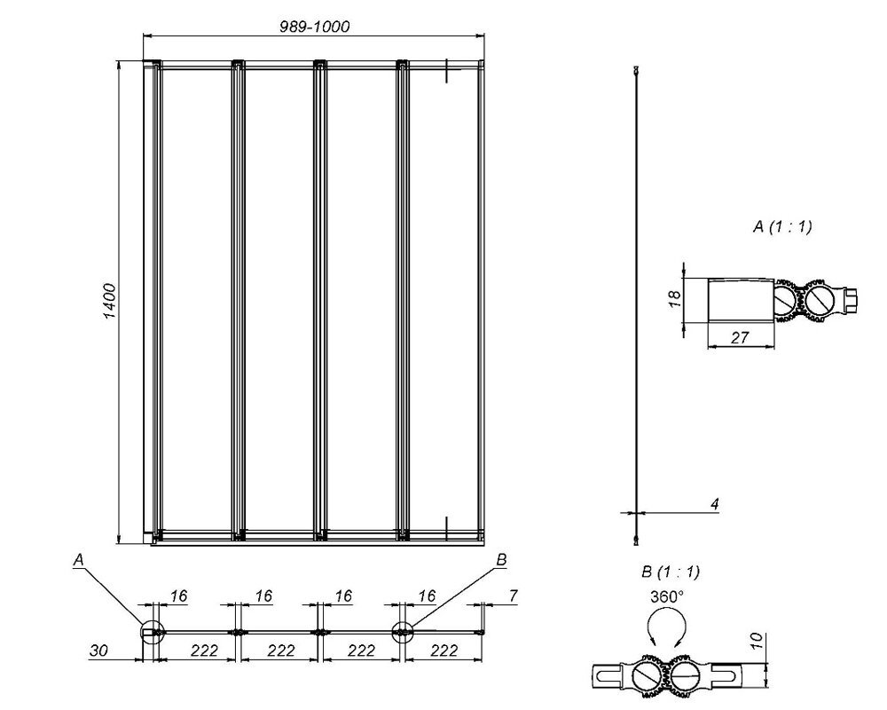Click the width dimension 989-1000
pyautogui.click(x=315, y=27)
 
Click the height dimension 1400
pyautogui.click(x=109, y=301)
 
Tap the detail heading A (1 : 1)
pyautogui.click(x=782, y=226)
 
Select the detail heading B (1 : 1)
pyautogui.click(x=671, y=572)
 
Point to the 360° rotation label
pyautogui.click(x=666, y=596)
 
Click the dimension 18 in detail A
pyautogui.click(x=675, y=299)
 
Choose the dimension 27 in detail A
pyautogui.click(x=740, y=337)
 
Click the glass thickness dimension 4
pyautogui.click(x=715, y=503)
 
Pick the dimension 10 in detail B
pyautogui.click(x=757, y=641)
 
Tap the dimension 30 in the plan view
pyautogui.click(x=98, y=651)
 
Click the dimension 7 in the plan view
pyautogui.click(x=513, y=596)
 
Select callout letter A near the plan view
pyautogui.click(x=79, y=560)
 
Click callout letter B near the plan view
pyautogui.click(x=500, y=560)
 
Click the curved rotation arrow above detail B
pyautogui.click(x=667, y=612)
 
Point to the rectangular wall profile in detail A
pyautogui.click(x=741, y=300)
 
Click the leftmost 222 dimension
pyautogui.click(x=204, y=651)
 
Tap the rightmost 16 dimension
pyautogui.click(x=428, y=596)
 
